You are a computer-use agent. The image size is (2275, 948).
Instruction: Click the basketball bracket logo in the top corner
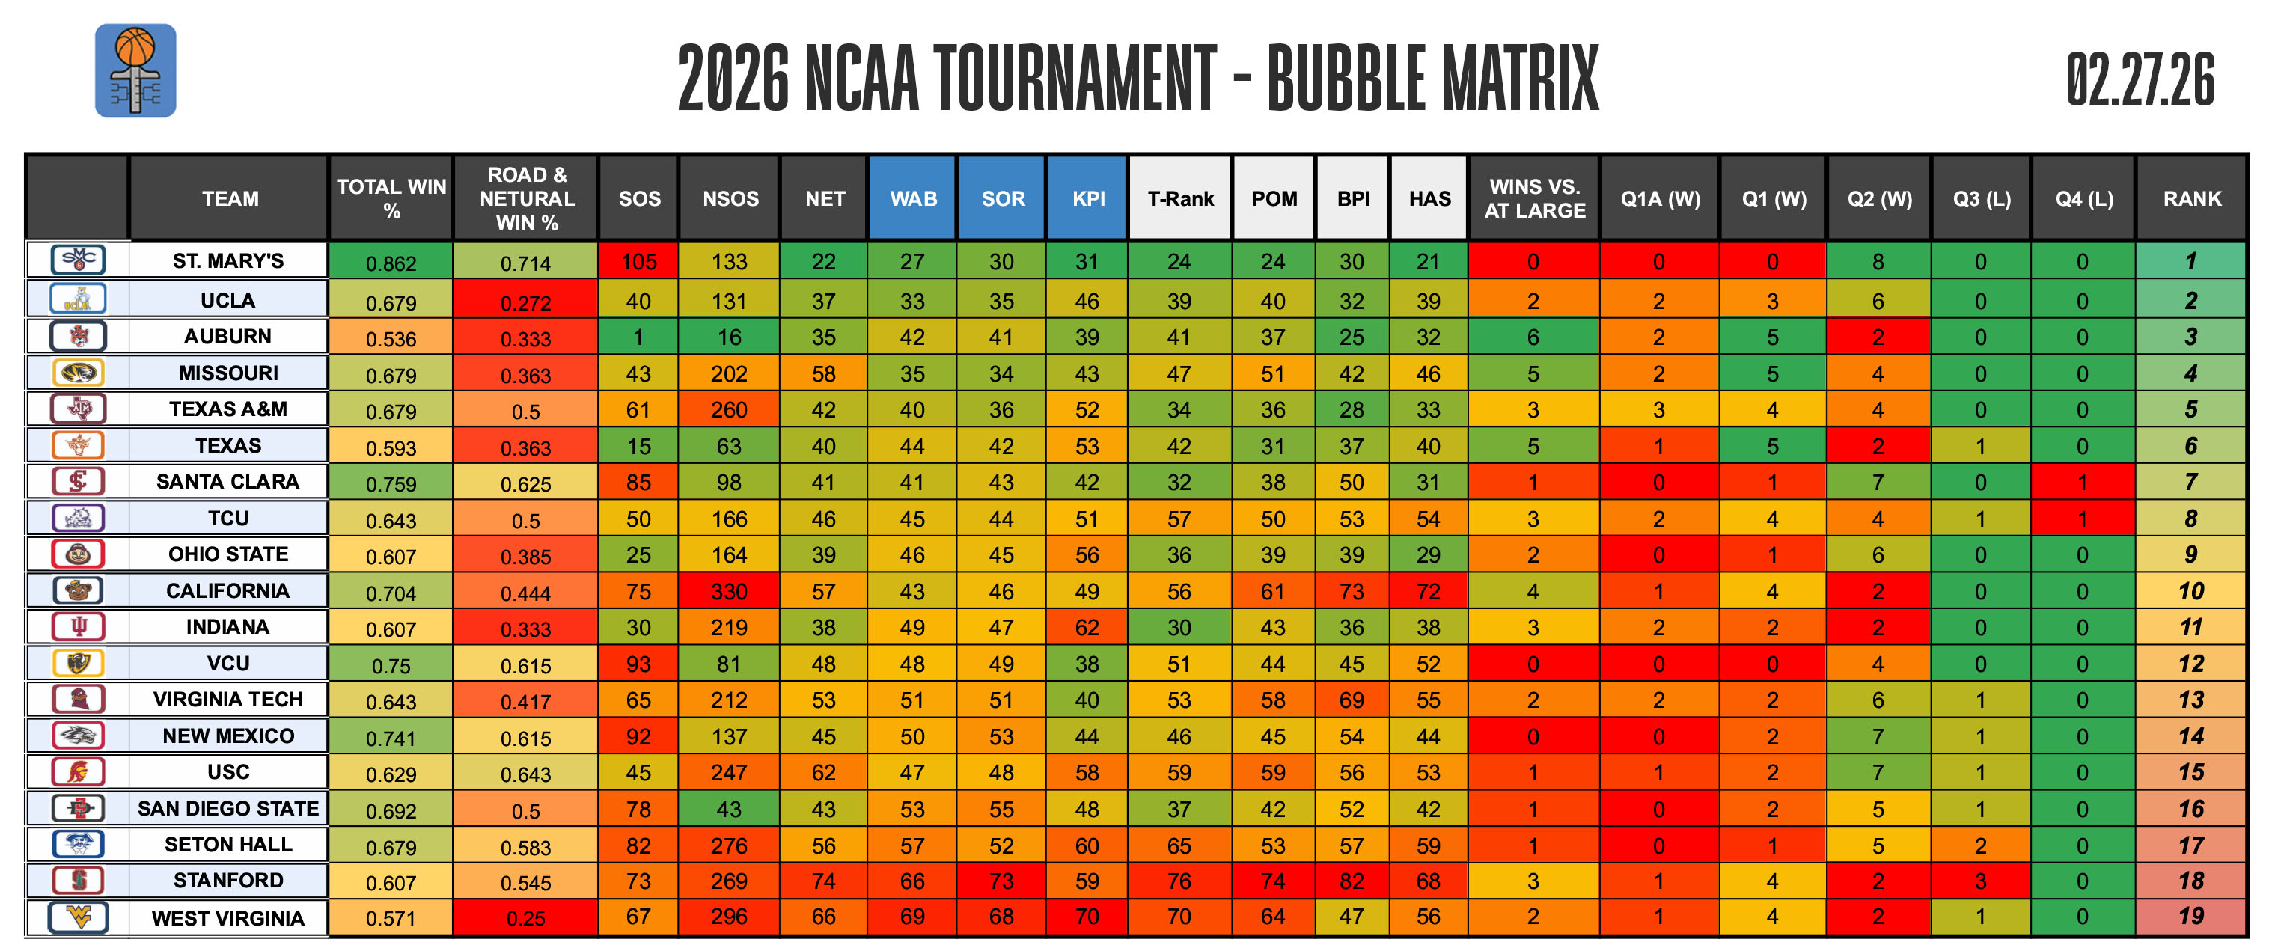[135, 70]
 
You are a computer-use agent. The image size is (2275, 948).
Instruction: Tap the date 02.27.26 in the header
[2139, 79]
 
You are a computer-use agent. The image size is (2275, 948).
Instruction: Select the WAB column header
[912, 198]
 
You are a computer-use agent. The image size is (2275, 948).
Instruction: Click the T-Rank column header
[1180, 198]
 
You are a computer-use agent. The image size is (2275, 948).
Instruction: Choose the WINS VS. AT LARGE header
[1534, 198]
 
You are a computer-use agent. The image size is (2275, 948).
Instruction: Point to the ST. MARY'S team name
[227, 261]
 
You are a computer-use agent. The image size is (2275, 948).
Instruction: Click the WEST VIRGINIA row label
[227, 918]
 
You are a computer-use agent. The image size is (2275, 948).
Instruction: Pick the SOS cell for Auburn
[638, 337]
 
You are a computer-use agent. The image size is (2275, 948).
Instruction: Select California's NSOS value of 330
[729, 591]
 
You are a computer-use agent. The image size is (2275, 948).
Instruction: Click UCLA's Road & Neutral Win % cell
[525, 302]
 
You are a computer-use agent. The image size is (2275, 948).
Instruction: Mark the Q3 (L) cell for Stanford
[1980, 881]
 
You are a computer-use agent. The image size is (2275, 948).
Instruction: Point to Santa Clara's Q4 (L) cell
[2082, 483]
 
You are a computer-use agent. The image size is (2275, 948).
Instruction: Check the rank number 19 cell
[2190, 917]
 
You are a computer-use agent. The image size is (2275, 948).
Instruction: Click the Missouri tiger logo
[78, 373]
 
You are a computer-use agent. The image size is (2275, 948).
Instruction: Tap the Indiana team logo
[78, 627]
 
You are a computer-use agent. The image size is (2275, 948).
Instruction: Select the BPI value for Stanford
[1352, 881]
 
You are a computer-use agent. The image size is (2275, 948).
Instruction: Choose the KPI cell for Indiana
[1087, 628]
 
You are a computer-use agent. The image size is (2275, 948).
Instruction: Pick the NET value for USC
[823, 772]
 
